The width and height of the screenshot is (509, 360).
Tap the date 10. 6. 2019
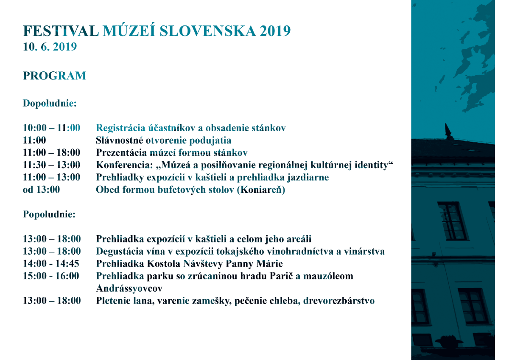(50, 47)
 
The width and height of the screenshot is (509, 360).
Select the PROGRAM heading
(54, 76)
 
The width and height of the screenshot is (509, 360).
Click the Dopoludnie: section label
(50, 103)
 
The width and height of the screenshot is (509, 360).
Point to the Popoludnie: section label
(49, 214)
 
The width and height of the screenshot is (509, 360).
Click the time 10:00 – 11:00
(51, 128)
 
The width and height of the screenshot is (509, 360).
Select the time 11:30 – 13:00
(51, 165)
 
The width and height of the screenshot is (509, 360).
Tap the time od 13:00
(41, 190)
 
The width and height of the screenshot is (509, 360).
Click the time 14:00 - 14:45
(51, 264)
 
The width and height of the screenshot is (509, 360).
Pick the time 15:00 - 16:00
(51, 276)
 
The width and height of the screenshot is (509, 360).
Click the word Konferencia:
(121, 165)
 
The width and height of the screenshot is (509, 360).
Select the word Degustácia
(120, 251)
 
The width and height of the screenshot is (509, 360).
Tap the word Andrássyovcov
(129, 288)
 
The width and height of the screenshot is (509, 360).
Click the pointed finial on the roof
(447, 129)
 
